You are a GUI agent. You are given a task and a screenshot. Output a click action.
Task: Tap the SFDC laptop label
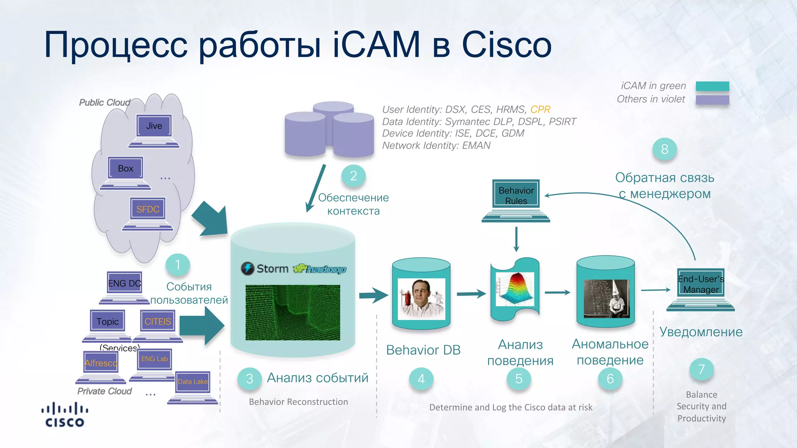[148, 209]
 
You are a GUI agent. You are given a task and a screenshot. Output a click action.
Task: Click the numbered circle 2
[353, 176]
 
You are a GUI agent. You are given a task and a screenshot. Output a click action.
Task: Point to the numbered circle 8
[664, 149]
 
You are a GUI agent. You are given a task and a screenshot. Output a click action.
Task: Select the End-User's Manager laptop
[700, 288]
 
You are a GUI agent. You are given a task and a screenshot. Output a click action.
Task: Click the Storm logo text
[272, 269]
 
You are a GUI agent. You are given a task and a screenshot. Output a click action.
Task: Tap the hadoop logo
[320, 269]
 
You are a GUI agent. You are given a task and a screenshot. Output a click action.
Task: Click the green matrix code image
[293, 312]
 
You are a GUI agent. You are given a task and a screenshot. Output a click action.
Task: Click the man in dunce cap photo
[607, 298]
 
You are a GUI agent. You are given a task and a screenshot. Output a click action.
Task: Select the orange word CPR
[540, 110]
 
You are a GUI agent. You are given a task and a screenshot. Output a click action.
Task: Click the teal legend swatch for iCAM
[712, 86]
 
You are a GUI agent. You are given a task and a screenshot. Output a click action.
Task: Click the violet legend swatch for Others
[712, 100]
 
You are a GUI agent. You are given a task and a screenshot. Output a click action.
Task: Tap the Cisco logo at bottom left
[65, 415]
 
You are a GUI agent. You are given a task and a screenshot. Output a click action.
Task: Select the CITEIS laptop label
[158, 322]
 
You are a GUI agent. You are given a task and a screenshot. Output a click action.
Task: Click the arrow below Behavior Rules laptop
[516, 239]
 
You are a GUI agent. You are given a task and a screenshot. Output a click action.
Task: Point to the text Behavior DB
[423, 350]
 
